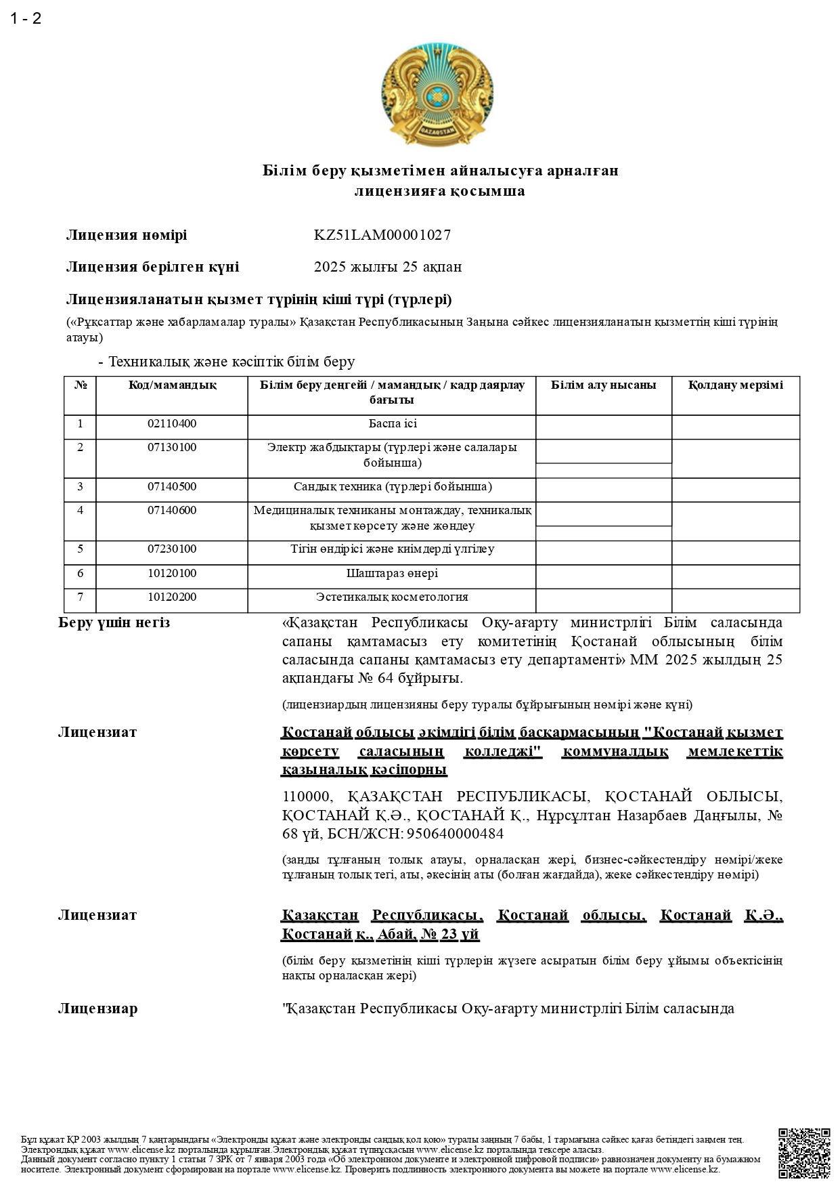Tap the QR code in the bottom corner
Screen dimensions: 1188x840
click(803, 1153)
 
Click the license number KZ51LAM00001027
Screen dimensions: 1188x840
click(382, 235)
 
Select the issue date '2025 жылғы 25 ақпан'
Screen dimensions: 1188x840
click(387, 267)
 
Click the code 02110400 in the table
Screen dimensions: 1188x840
click(172, 424)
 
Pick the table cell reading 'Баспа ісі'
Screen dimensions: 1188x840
click(392, 424)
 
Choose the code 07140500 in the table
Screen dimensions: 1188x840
click(172, 487)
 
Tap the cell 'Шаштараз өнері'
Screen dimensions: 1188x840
click(392, 574)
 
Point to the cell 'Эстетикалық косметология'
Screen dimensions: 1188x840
click(392, 597)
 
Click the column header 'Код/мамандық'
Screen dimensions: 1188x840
click(172, 385)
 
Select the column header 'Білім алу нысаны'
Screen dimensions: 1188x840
click(603, 385)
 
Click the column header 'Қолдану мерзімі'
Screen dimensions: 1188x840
click(735, 385)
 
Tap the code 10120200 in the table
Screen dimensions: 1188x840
click(172, 597)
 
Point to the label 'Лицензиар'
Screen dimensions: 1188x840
click(97, 1009)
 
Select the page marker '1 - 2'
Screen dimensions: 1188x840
click(26, 18)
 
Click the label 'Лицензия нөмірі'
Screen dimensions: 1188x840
click(126, 235)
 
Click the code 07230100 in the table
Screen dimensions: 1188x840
click(172, 549)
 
